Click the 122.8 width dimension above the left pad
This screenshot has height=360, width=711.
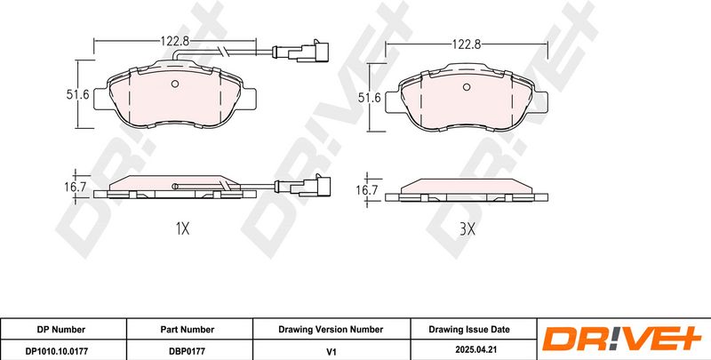click(174, 41)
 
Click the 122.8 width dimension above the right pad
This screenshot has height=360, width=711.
click(466, 44)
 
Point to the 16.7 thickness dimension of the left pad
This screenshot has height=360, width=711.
click(76, 187)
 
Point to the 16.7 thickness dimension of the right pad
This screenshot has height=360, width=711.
click(366, 190)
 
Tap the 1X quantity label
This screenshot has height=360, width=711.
click(182, 229)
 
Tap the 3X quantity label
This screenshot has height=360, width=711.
click(467, 229)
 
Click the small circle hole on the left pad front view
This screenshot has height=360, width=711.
click(175, 84)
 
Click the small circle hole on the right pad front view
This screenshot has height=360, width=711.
click(467, 87)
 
